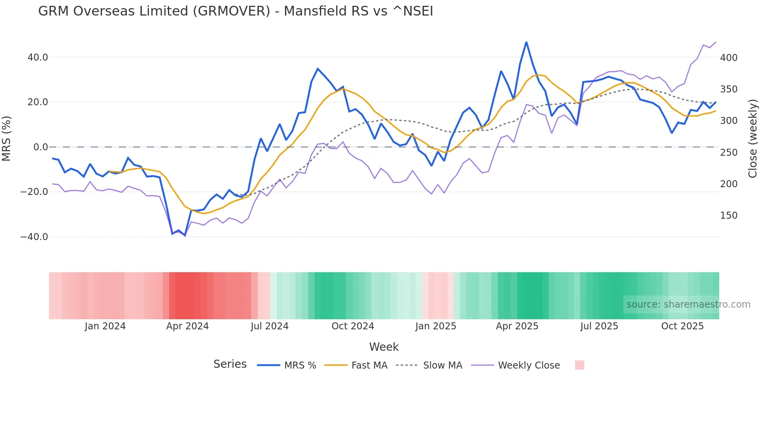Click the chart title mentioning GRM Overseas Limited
[x=235, y=11]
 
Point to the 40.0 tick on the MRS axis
[x=38, y=57]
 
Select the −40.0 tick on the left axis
[x=34, y=237]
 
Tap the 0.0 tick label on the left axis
[x=40, y=147]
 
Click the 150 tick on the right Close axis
[x=729, y=216]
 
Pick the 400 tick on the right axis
[x=729, y=57]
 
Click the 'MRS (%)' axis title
[x=7, y=138]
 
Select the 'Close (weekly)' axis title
[x=753, y=138]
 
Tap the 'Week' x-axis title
[x=384, y=347]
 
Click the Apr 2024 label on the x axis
[x=187, y=326]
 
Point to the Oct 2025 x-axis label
[x=682, y=326]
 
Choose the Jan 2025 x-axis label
[x=435, y=326]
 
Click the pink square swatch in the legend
[x=579, y=365]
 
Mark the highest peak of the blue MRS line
[x=526, y=42]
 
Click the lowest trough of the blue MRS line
[x=185, y=235]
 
